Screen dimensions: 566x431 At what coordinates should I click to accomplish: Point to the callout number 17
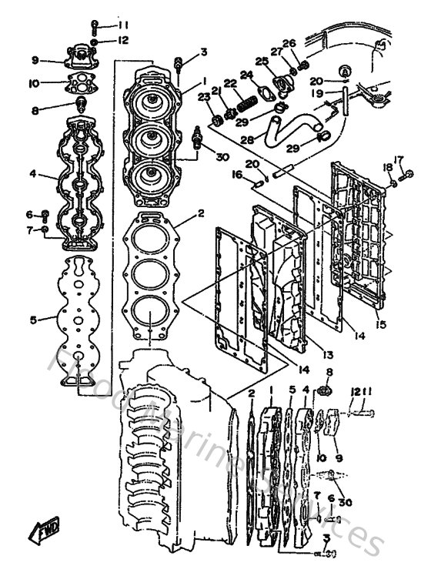pos(399,159)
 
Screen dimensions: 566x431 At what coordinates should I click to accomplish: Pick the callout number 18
pos(387,167)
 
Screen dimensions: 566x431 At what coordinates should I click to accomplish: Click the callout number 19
pos(317,92)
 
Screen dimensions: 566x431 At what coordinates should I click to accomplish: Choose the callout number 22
pos(229,83)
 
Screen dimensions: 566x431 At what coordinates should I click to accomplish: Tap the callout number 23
pos(203,97)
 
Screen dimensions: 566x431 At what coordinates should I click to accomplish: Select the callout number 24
pos(246,75)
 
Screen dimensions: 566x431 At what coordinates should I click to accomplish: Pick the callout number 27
pos(275,51)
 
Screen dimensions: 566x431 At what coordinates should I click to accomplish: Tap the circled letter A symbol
pos(344,70)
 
